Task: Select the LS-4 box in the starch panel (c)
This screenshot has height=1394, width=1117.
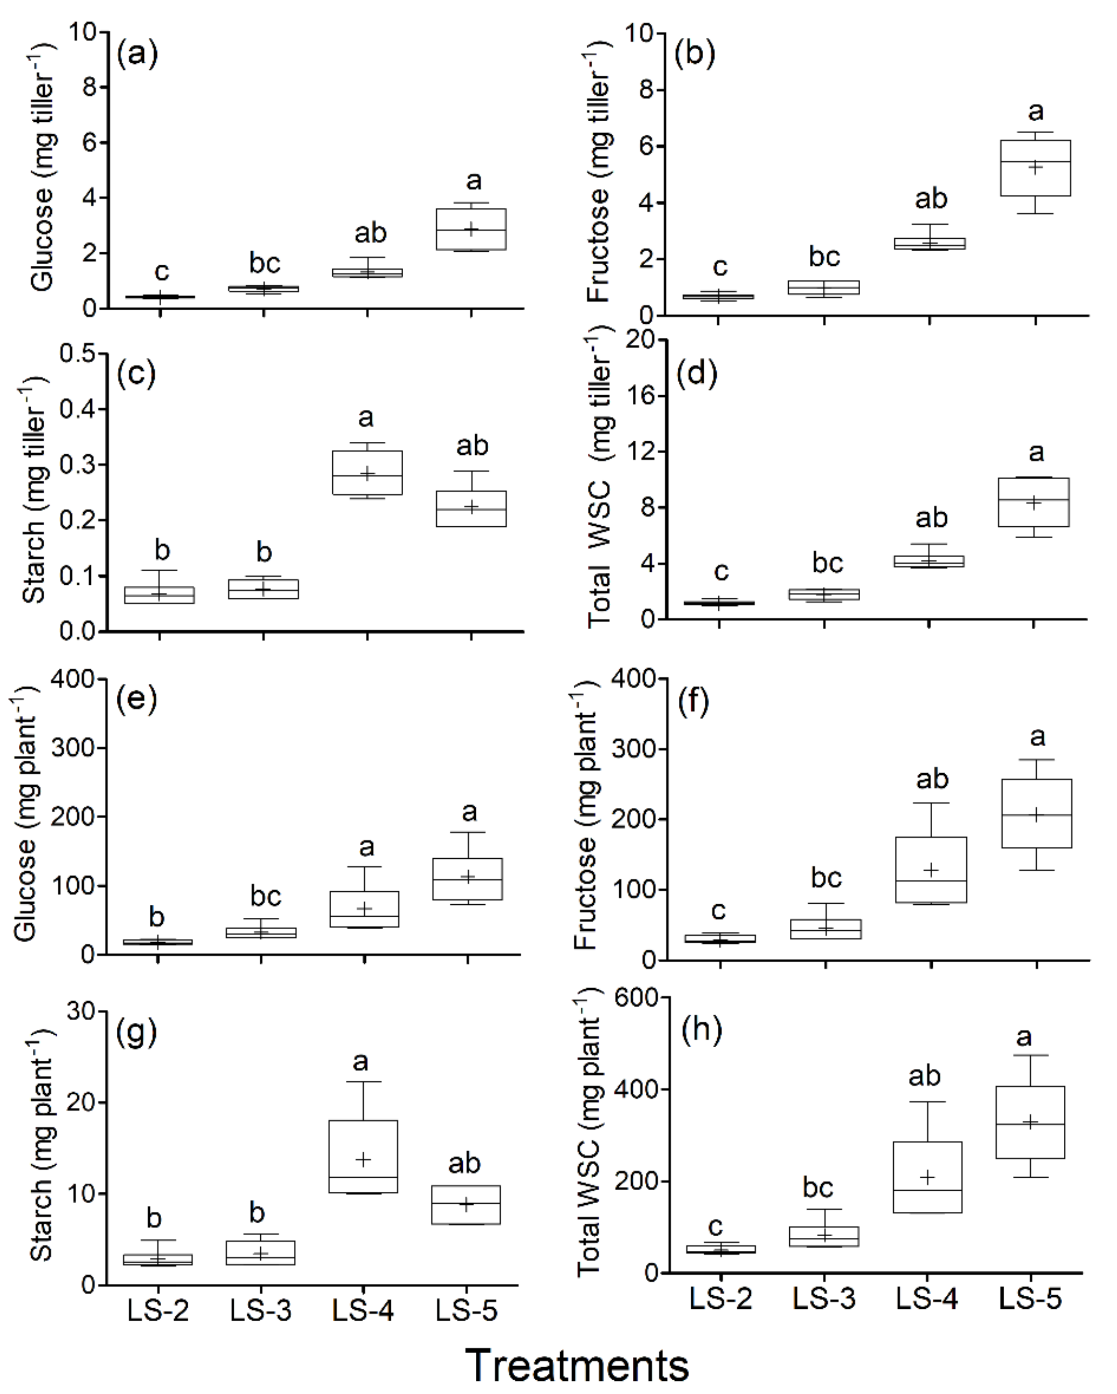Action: [x=367, y=473]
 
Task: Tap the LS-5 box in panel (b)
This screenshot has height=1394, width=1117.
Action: [x=1036, y=167]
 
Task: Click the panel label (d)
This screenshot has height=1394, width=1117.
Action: [x=696, y=374]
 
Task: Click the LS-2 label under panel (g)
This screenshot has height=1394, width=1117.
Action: [x=158, y=1310]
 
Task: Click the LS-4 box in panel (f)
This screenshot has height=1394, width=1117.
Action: [x=931, y=870]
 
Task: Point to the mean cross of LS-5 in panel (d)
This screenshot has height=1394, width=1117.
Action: [x=1035, y=502]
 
